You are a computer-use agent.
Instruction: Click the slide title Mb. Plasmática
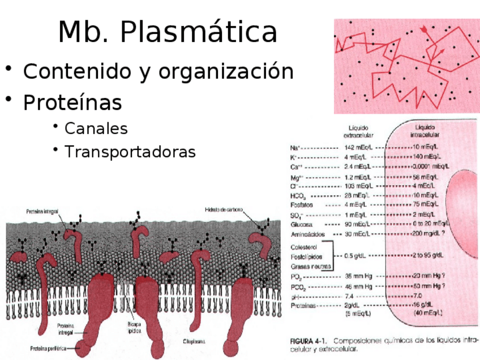point(168,32)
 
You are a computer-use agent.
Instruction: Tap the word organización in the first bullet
point(226,72)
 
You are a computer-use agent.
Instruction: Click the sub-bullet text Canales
point(96,128)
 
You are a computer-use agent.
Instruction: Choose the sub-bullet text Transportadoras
point(130,152)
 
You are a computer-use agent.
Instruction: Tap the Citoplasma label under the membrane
point(194,341)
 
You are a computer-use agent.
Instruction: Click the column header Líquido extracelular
point(358,131)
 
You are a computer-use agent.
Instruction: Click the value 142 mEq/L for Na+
point(358,147)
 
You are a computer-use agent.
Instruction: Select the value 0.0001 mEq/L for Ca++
point(431,166)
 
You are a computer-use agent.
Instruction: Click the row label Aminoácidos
point(307,234)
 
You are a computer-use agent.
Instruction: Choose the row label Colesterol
point(303,247)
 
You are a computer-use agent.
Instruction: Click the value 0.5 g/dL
point(357,256)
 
